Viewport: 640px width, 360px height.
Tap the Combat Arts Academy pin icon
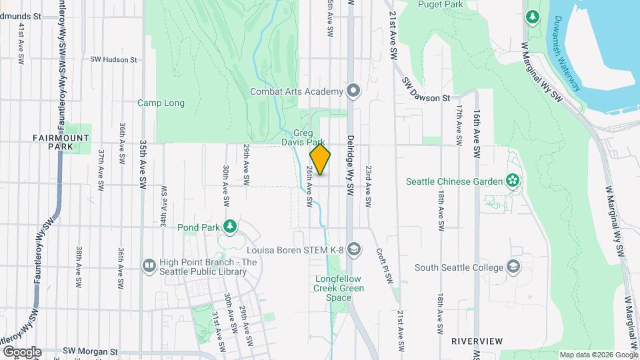click(354, 91)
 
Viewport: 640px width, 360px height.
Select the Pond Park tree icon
click(230, 227)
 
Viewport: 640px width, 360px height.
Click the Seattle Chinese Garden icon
click(512, 181)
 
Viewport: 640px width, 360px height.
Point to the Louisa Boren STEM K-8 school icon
click(354, 250)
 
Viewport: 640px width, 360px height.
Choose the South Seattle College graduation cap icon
click(513, 267)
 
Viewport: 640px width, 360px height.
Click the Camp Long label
click(161, 103)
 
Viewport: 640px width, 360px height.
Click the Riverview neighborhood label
click(477, 341)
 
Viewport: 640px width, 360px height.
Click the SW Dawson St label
click(427, 90)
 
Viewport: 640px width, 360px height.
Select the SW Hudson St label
click(113, 59)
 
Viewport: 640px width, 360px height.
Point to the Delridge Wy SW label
click(349, 167)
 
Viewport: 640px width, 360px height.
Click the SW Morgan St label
click(90, 351)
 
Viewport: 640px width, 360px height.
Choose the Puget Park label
click(436, 4)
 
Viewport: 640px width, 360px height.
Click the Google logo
click(22, 351)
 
